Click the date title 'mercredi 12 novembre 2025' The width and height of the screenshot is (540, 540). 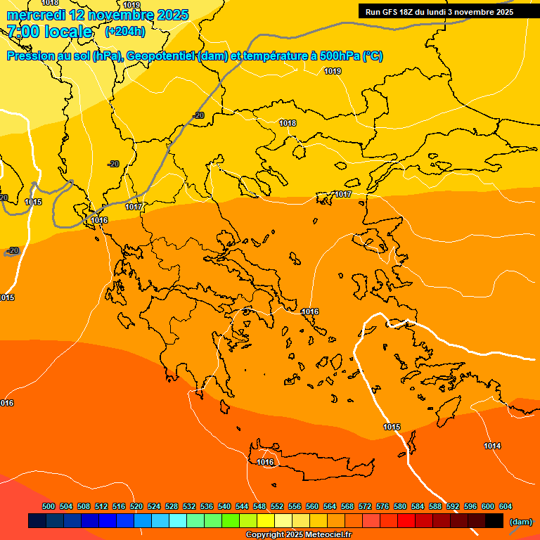(98, 15)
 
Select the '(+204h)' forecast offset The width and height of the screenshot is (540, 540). (125, 32)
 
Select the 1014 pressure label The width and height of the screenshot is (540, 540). (492, 446)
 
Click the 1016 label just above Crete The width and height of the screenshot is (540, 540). (265, 462)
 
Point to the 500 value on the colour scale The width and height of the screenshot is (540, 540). (49, 506)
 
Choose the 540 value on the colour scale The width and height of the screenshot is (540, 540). (224, 506)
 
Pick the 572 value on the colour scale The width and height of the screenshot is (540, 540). (365, 506)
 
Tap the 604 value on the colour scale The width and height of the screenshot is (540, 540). (506, 506)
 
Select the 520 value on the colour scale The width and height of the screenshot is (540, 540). (136, 506)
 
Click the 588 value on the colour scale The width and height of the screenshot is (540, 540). (435, 506)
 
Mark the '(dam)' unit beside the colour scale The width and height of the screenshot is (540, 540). (520, 521)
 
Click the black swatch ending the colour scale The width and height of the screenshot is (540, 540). (494, 521)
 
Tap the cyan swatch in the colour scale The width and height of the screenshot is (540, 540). (178, 521)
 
